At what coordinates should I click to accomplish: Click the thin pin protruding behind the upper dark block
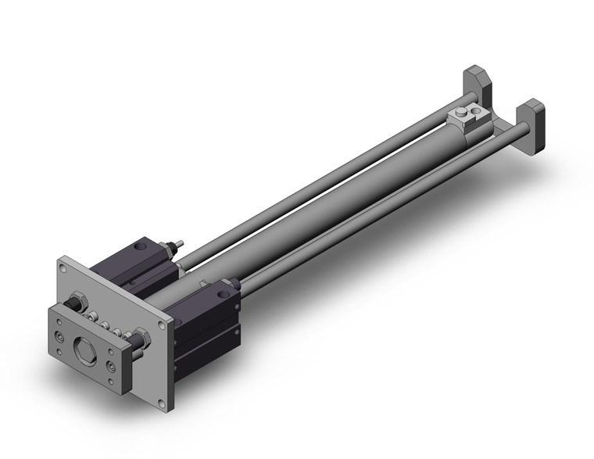tap(179, 244)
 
